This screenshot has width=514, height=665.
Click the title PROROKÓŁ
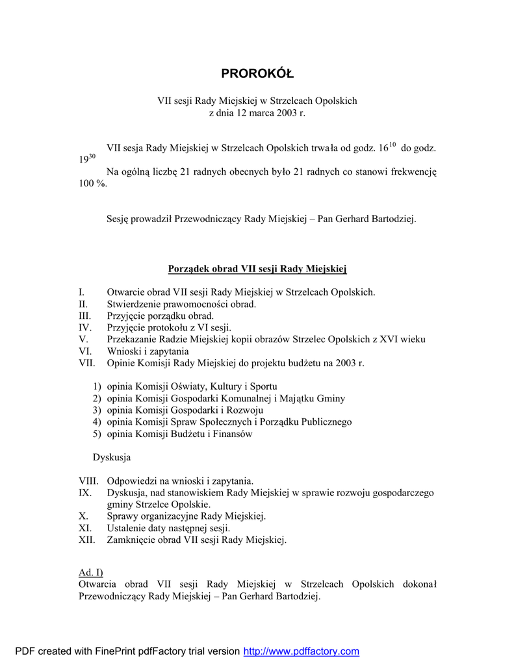[257, 73]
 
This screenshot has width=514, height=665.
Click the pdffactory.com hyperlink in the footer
[301, 651]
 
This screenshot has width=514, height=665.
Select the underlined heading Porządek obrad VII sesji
[257, 269]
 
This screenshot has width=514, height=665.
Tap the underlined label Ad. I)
[90, 572]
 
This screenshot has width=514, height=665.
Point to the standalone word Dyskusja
[112, 457]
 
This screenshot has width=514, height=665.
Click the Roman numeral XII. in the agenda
[87, 540]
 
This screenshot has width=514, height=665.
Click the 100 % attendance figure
[92, 184]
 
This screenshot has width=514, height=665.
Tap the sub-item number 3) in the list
[97, 410]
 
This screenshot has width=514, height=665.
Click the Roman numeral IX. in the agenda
[84, 493]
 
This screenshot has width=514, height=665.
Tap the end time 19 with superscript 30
[86, 158]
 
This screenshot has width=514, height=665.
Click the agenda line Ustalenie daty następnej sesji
[168, 528]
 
